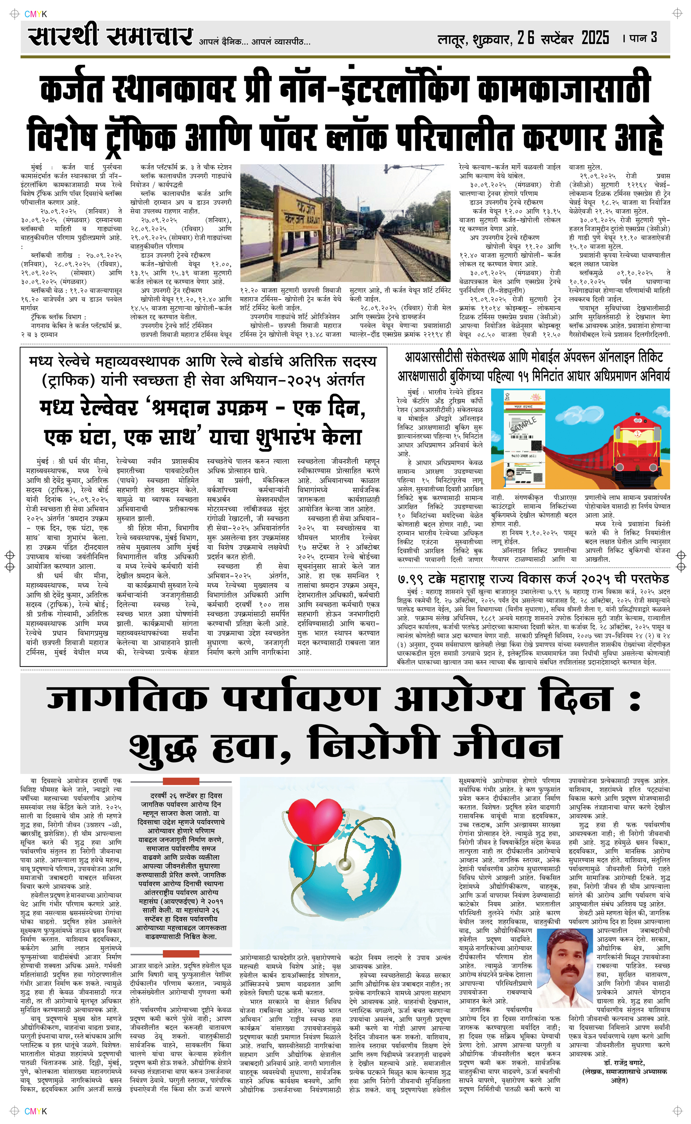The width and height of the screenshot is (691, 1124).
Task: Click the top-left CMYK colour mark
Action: coord(36,14)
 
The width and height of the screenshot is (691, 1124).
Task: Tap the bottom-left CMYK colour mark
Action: coord(36,1111)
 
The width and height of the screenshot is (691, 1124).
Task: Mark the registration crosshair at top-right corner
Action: coord(677,14)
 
